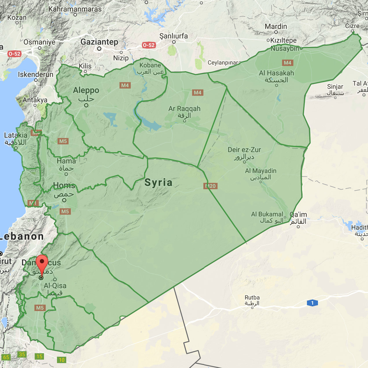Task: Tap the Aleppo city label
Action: coord(86,91)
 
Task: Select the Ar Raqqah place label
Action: coord(184,109)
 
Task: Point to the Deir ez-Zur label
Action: coord(244,150)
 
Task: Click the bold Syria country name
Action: coord(159,183)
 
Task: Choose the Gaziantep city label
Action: coord(99,42)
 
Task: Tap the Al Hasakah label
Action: coord(276,73)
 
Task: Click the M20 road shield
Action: coord(211,186)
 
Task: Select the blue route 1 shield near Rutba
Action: coord(312,303)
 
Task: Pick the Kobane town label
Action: coord(150,65)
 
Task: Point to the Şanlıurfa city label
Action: coord(174,36)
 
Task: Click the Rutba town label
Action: coord(252,298)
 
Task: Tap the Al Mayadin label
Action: coord(261,171)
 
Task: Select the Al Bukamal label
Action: coord(267,214)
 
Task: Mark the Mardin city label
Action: coord(276,27)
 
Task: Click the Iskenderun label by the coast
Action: coord(36,75)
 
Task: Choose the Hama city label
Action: coord(66,161)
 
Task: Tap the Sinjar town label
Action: coord(335,87)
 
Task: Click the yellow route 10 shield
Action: coord(62,360)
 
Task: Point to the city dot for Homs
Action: coord(64,200)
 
